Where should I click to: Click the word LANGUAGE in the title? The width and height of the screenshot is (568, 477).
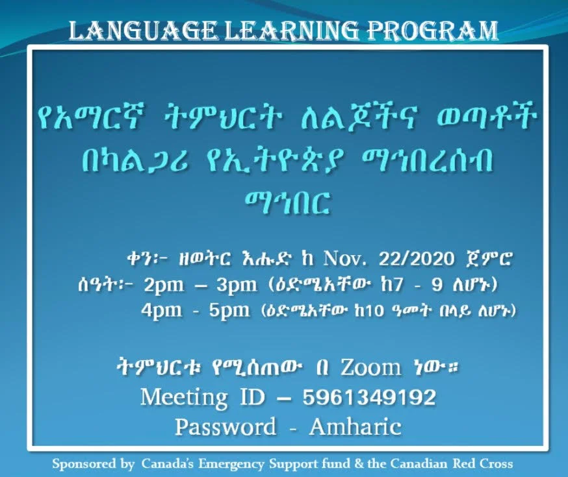click(144, 31)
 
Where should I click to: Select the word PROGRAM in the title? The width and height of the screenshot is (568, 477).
click(433, 31)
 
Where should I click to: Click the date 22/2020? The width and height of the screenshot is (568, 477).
click(417, 259)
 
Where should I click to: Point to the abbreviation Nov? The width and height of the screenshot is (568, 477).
click(344, 259)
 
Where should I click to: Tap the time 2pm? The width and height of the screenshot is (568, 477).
click(164, 286)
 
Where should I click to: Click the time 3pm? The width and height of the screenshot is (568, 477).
click(237, 286)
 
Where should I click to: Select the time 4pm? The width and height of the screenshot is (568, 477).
click(162, 311)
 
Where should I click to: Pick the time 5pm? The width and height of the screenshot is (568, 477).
click(229, 311)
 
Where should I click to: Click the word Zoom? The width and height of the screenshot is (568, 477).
click(370, 368)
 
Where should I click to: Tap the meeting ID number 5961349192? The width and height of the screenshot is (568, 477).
click(369, 397)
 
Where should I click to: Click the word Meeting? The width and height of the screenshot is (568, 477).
click(184, 397)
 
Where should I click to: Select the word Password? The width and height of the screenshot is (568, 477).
click(226, 427)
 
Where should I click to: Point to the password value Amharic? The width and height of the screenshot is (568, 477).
click(355, 427)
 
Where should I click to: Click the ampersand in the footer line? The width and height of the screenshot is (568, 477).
click(359, 463)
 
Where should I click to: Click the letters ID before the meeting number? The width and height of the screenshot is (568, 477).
click(253, 397)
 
